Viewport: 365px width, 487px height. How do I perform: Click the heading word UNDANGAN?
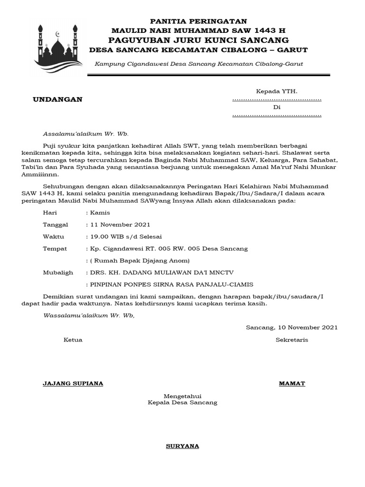(x=58, y=99)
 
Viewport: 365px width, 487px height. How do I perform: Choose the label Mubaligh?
(x=58, y=273)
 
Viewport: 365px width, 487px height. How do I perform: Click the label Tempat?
(x=55, y=249)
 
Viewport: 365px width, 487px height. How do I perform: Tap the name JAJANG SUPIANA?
(x=73, y=383)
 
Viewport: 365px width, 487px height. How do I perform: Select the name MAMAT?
(x=292, y=383)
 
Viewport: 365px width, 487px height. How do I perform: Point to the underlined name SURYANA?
(x=182, y=446)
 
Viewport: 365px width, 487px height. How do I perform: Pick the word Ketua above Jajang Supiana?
(x=73, y=340)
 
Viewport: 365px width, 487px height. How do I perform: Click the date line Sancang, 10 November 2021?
(x=292, y=327)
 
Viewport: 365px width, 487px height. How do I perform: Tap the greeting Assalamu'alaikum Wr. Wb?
(x=86, y=134)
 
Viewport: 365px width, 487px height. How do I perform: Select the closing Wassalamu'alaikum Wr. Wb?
(x=89, y=315)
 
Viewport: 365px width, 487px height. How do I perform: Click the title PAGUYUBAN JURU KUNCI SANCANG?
(x=199, y=39)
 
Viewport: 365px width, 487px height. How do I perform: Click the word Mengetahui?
(x=183, y=396)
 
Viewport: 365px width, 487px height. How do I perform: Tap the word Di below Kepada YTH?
(x=277, y=107)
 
